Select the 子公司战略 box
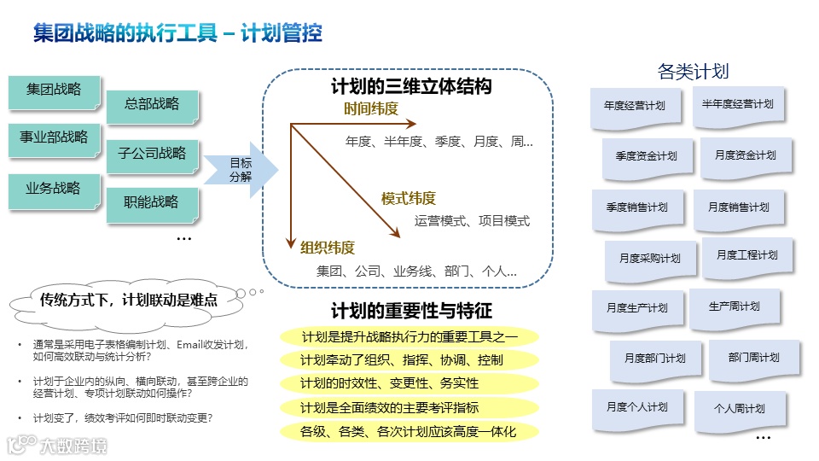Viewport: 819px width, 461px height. [152, 155]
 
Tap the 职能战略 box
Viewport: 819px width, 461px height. [152, 203]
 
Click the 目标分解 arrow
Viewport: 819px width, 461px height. [241, 169]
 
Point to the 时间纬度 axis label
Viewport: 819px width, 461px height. [371, 109]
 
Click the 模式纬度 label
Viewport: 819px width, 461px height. [408, 199]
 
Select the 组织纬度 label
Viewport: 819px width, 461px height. [328, 248]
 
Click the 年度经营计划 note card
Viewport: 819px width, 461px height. [634, 107]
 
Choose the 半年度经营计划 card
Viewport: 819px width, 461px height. [738, 105]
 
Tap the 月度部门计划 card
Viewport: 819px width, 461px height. [654, 359]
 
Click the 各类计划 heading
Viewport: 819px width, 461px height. [693, 71]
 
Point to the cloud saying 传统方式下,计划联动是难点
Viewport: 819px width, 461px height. [128, 300]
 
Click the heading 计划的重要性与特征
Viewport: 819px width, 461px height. [411, 311]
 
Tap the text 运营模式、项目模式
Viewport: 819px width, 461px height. [472, 221]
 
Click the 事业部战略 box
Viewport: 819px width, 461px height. [54, 138]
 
